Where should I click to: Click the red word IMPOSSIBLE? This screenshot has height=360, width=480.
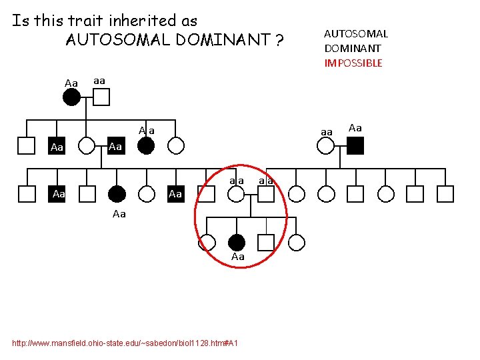(353, 63)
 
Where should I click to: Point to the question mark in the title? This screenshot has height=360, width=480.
(279, 41)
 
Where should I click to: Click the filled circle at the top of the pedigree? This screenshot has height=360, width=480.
(71, 97)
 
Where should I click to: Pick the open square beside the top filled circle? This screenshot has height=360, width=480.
(101, 97)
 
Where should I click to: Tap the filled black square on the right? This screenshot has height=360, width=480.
(355, 145)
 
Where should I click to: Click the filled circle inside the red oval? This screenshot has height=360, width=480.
(237, 243)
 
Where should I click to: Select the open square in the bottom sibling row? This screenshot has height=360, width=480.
(266, 243)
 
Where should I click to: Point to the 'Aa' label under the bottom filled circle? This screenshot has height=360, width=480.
(237, 257)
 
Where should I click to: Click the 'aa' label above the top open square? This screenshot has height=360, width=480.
(99, 80)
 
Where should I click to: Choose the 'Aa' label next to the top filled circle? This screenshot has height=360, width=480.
(71, 83)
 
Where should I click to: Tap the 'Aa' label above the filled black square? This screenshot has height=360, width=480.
(355, 128)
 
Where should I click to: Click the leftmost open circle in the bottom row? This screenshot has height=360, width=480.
(207, 243)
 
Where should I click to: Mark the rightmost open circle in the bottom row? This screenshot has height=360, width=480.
(296, 243)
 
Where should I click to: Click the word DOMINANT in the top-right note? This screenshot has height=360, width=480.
(353, 49)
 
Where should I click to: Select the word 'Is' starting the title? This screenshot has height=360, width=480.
(20, 21)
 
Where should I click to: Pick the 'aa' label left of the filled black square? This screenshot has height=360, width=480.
(327, 133)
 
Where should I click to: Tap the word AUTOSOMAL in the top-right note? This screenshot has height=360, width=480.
(356, 34)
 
